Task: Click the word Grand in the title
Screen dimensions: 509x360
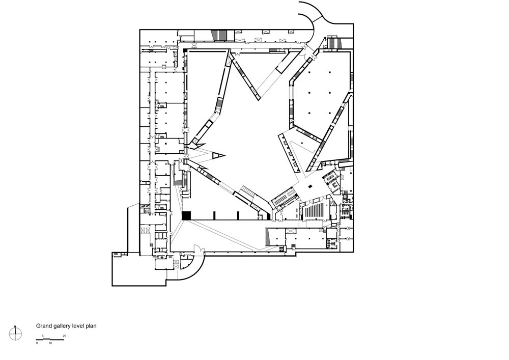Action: tap(43, 326)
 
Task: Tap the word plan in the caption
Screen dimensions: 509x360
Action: tap(91, 326)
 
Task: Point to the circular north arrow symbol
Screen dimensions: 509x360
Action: tap(15, 333)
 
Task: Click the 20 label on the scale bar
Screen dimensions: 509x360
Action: tap(64, 336)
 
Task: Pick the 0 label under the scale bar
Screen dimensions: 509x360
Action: tap(37, 343)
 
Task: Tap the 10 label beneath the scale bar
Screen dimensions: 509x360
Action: tap(50, 343)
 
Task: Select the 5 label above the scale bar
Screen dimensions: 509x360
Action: tap(43, 336)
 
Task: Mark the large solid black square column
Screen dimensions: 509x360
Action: tap(187, 216)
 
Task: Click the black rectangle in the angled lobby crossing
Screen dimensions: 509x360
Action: tap(310, 186)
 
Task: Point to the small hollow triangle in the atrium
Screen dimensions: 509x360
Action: tap(219, 156)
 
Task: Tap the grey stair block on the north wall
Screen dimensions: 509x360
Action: tap(219, 35)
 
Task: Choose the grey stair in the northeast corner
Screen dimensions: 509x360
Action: tap(334, 43)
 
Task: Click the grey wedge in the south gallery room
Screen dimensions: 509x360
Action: tap(268, 237)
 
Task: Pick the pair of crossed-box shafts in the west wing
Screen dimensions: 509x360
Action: tap(145, 231)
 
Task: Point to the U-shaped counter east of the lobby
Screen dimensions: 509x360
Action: tap(333, 185)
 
